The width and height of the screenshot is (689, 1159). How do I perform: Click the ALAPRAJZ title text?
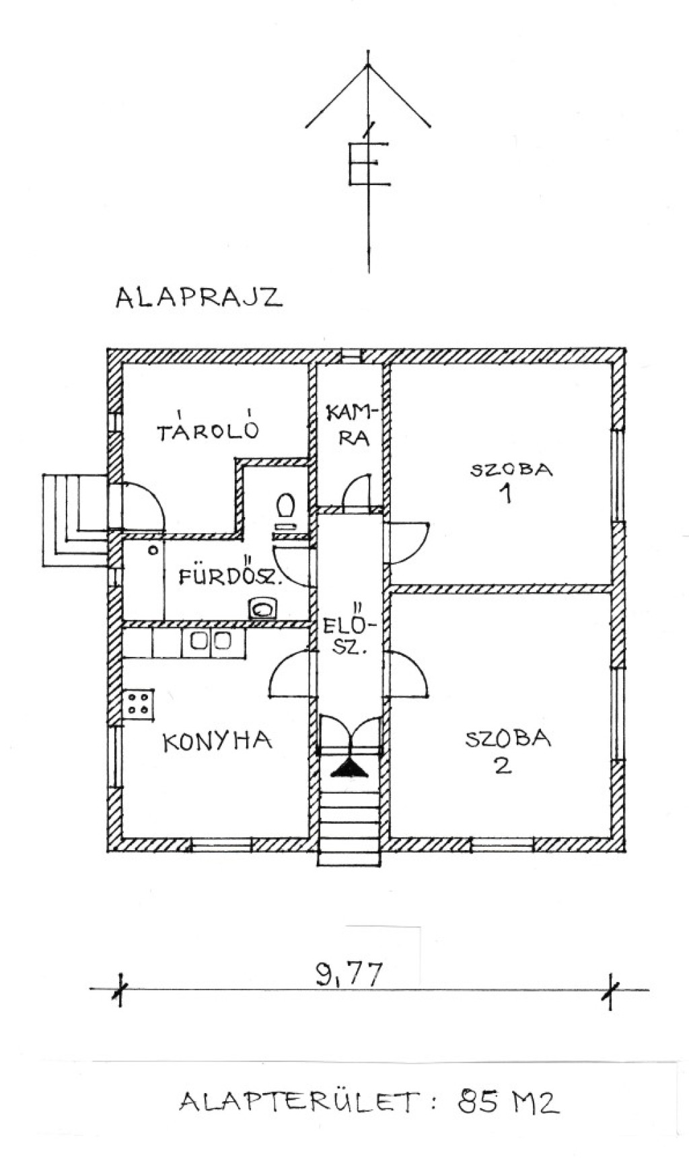[x=198, y=297]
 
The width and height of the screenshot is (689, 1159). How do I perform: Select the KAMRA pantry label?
[x=353, y=425]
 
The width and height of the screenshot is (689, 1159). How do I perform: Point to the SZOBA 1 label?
[x=511, y=481]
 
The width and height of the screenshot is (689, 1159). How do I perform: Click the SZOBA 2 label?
[x=508, y=751]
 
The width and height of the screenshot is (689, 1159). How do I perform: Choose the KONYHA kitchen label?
[x=217, y=741]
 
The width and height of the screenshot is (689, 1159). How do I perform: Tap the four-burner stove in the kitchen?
[x=139, y=703]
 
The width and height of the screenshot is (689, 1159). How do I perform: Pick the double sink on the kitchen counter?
[x=213, y=642]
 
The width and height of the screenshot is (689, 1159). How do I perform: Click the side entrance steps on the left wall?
[x=74, y=520]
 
